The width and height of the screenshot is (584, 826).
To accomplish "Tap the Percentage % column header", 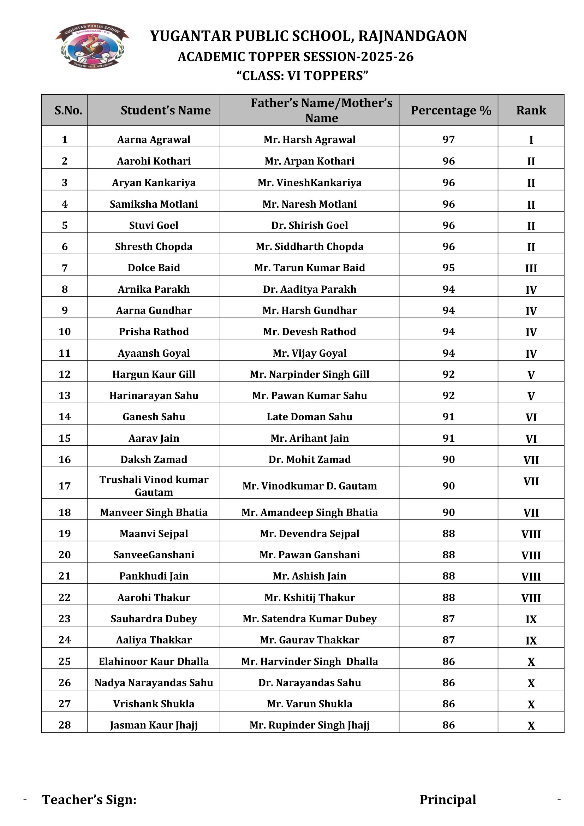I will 451,110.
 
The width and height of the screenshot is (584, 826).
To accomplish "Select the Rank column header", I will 531,110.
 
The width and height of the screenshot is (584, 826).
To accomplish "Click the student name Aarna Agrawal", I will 154,139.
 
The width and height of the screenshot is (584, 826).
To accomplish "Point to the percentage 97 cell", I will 448,139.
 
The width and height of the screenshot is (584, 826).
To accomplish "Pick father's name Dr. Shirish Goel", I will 309,225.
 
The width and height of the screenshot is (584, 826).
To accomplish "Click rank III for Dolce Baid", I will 531,268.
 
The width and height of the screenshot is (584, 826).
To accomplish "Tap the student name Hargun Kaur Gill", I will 154,374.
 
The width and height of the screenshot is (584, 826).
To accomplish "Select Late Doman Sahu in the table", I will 309,417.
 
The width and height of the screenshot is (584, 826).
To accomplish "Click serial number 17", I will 64,486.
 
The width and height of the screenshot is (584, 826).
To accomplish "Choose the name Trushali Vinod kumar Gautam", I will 154,486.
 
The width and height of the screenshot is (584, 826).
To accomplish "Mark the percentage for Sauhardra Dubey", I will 448,619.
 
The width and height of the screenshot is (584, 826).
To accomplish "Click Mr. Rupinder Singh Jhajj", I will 309,725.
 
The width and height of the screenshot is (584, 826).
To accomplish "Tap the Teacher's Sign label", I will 89,800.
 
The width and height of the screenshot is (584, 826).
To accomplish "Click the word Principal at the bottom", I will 448,800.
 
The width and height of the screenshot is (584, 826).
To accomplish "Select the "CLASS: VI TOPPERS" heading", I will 302,76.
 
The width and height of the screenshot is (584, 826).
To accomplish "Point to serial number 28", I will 64,725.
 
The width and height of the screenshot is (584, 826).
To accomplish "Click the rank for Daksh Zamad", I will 531,460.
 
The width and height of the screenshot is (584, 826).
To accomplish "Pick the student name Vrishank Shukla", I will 154,704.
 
